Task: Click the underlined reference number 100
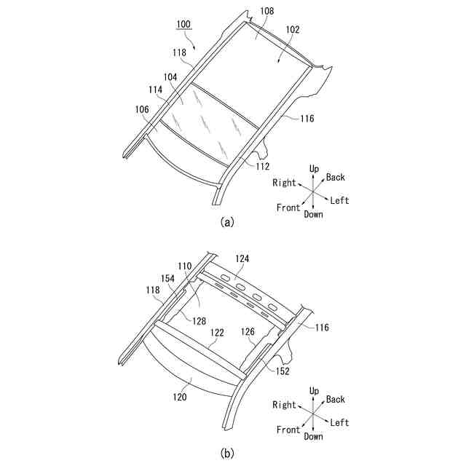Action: click(x=183, y=24)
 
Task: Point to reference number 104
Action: click(x=170, y=76)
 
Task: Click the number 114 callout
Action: click(x=155, y=92)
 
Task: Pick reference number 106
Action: click(x=141, y=109)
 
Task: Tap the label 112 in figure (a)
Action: click(x=263, y=166)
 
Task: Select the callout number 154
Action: click(x=167, y=279)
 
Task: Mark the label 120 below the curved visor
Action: click(x=180, y=398)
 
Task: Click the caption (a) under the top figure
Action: click(x=227, y=222)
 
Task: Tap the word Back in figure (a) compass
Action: click(x=336, y=178)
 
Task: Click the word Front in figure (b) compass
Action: click(x=288, y=430)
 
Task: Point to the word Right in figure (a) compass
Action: click(x=285, y=183)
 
